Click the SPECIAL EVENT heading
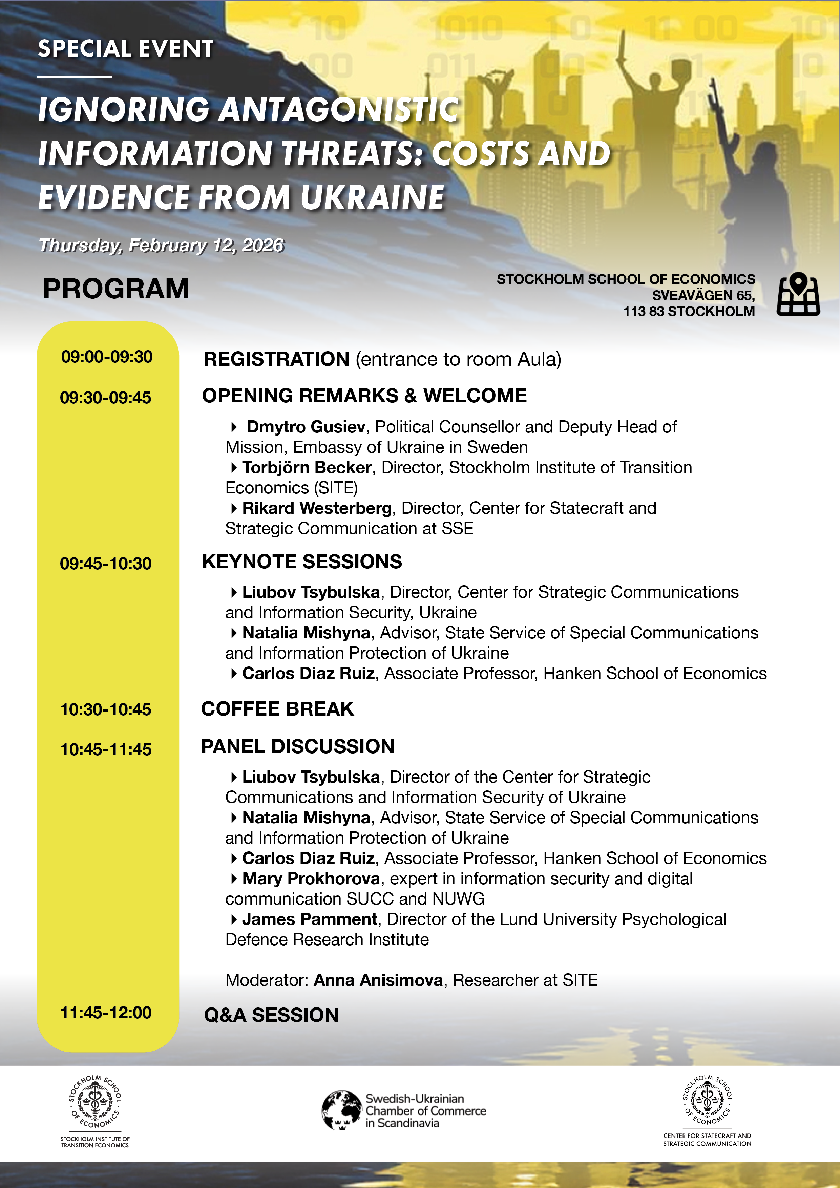(x=125, y=49)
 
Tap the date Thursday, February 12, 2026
(x=162, y=245)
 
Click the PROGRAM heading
(x=116, y=289)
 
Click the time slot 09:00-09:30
(x=107, y=357)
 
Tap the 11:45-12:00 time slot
(x=106, y=1012)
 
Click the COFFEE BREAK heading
(x=277, y=709)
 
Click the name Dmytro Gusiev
(x=306, y=427)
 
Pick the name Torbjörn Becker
(x=307, y=468)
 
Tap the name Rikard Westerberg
(x=317, y=508)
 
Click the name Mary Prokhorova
(x=311, y=878)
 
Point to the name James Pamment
(x=310, y=919)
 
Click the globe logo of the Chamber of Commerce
(x=341, y=1110)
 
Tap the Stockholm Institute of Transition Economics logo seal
(x=95, y=1102)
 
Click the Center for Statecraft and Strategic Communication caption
(x=707, y=1139)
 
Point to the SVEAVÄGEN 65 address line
(x=703, y=295)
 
